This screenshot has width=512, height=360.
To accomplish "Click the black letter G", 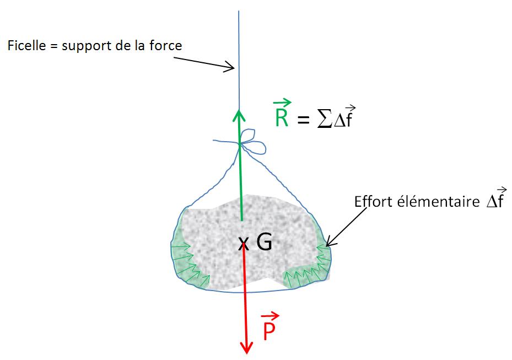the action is click(x=264, y=242).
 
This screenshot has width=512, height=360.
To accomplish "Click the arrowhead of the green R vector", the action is click(x=239, y=114).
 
